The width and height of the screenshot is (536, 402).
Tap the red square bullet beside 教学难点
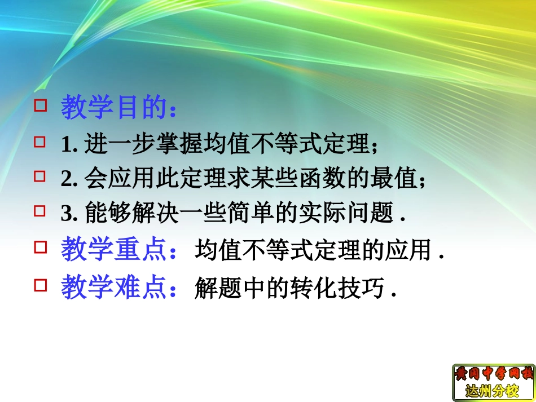click(39, 285)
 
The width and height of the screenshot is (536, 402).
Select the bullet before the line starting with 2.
click(39, 176)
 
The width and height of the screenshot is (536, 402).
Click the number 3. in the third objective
click(68, 214)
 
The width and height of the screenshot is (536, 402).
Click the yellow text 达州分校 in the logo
click(493, 390)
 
